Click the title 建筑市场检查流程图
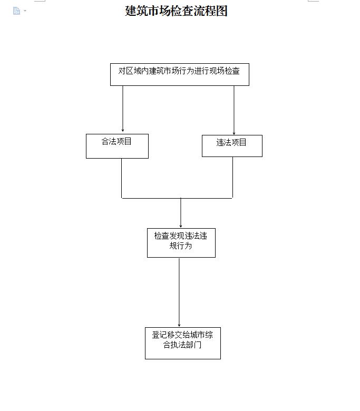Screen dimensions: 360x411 176,11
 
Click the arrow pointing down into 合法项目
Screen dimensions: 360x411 123,109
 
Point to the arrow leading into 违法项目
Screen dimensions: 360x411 234,110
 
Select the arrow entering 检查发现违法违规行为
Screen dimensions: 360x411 181,213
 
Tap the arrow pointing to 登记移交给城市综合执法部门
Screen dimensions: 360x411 179,292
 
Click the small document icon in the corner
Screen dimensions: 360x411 16,11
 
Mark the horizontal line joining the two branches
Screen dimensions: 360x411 177,198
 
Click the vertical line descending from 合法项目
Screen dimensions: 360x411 121,178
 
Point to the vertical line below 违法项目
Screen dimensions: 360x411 232,178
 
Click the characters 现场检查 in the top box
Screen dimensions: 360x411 225,71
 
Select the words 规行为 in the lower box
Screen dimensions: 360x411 181,246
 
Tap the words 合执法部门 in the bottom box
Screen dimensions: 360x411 182,345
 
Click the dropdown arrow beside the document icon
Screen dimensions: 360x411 25,11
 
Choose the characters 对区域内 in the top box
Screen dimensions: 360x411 133,71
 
